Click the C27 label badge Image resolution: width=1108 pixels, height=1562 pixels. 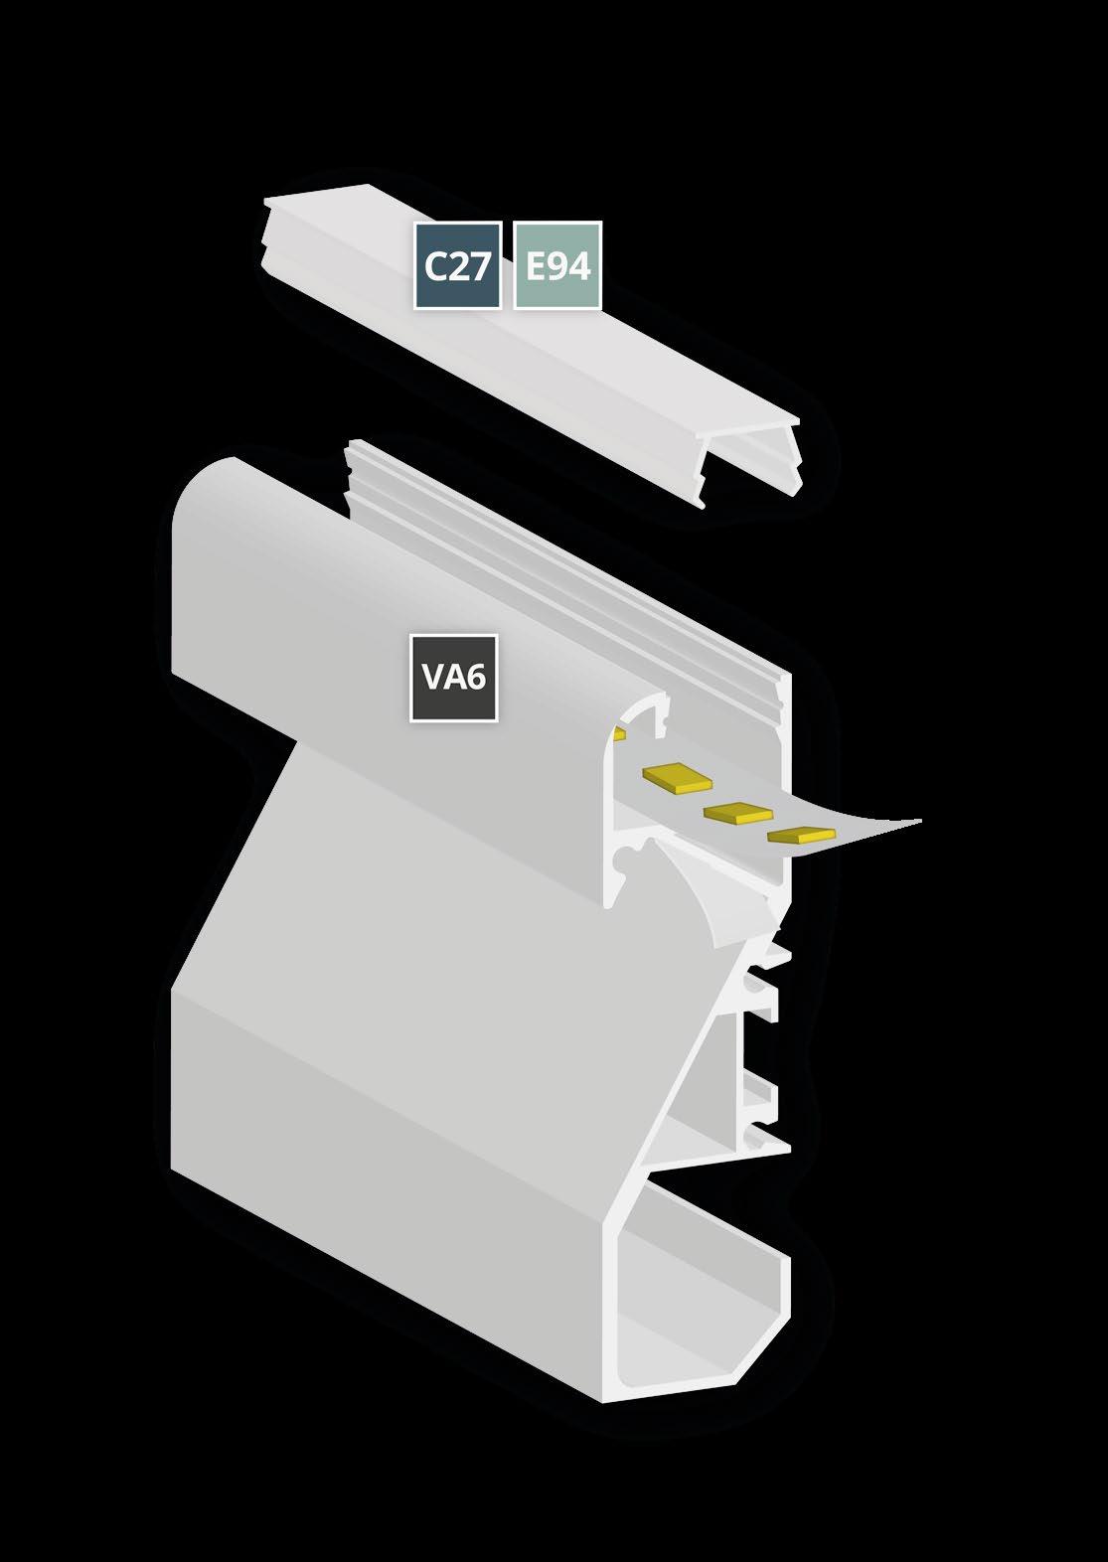point(457,265)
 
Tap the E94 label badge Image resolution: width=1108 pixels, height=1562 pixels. point(557,265)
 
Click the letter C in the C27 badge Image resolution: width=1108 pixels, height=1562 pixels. point(434,266)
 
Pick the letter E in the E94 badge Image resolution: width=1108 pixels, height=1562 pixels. point(536,266)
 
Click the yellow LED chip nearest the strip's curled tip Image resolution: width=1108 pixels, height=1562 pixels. point(802,835)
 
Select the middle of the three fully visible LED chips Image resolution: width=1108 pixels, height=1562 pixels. point(738,812)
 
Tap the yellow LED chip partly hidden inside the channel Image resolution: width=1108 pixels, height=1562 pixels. point(620,734)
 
